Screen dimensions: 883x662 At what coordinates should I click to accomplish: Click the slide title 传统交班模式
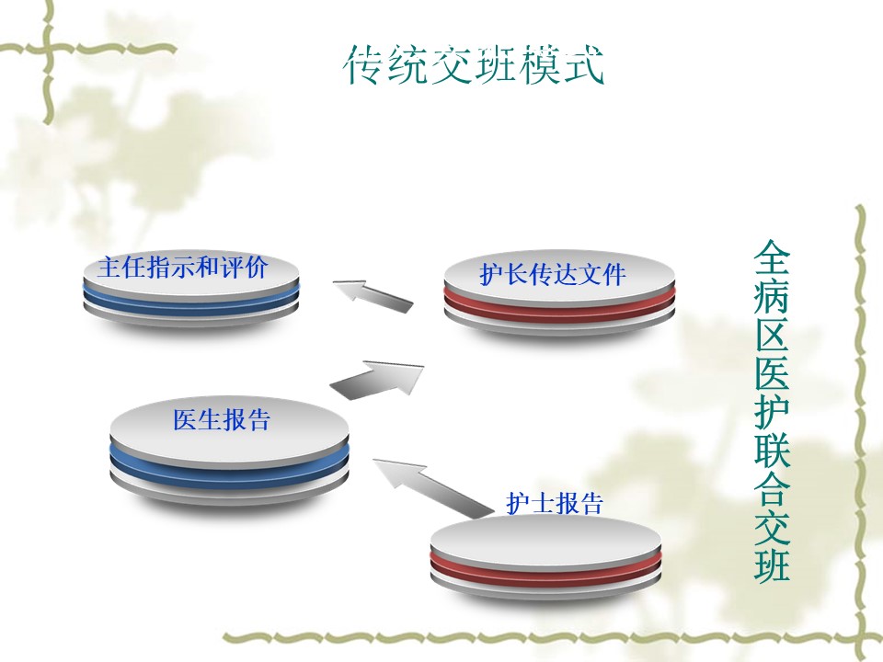coord(474,64)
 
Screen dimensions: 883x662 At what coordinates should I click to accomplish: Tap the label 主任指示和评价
coord(182,267)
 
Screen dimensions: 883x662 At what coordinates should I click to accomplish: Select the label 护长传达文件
coord(553,274)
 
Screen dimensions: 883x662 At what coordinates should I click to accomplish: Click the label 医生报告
coord(222,419)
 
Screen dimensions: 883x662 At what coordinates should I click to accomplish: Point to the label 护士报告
coord(555,503)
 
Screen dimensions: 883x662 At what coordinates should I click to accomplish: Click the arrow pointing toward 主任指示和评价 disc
coord(373,295)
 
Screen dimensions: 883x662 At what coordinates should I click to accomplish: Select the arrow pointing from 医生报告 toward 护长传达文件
coord(377,381)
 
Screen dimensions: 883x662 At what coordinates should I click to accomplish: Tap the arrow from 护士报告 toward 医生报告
coord(432,487)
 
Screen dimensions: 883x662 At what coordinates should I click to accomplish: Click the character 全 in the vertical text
coord(772,257)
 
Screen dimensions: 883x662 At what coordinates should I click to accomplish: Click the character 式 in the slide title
coord(582,64)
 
